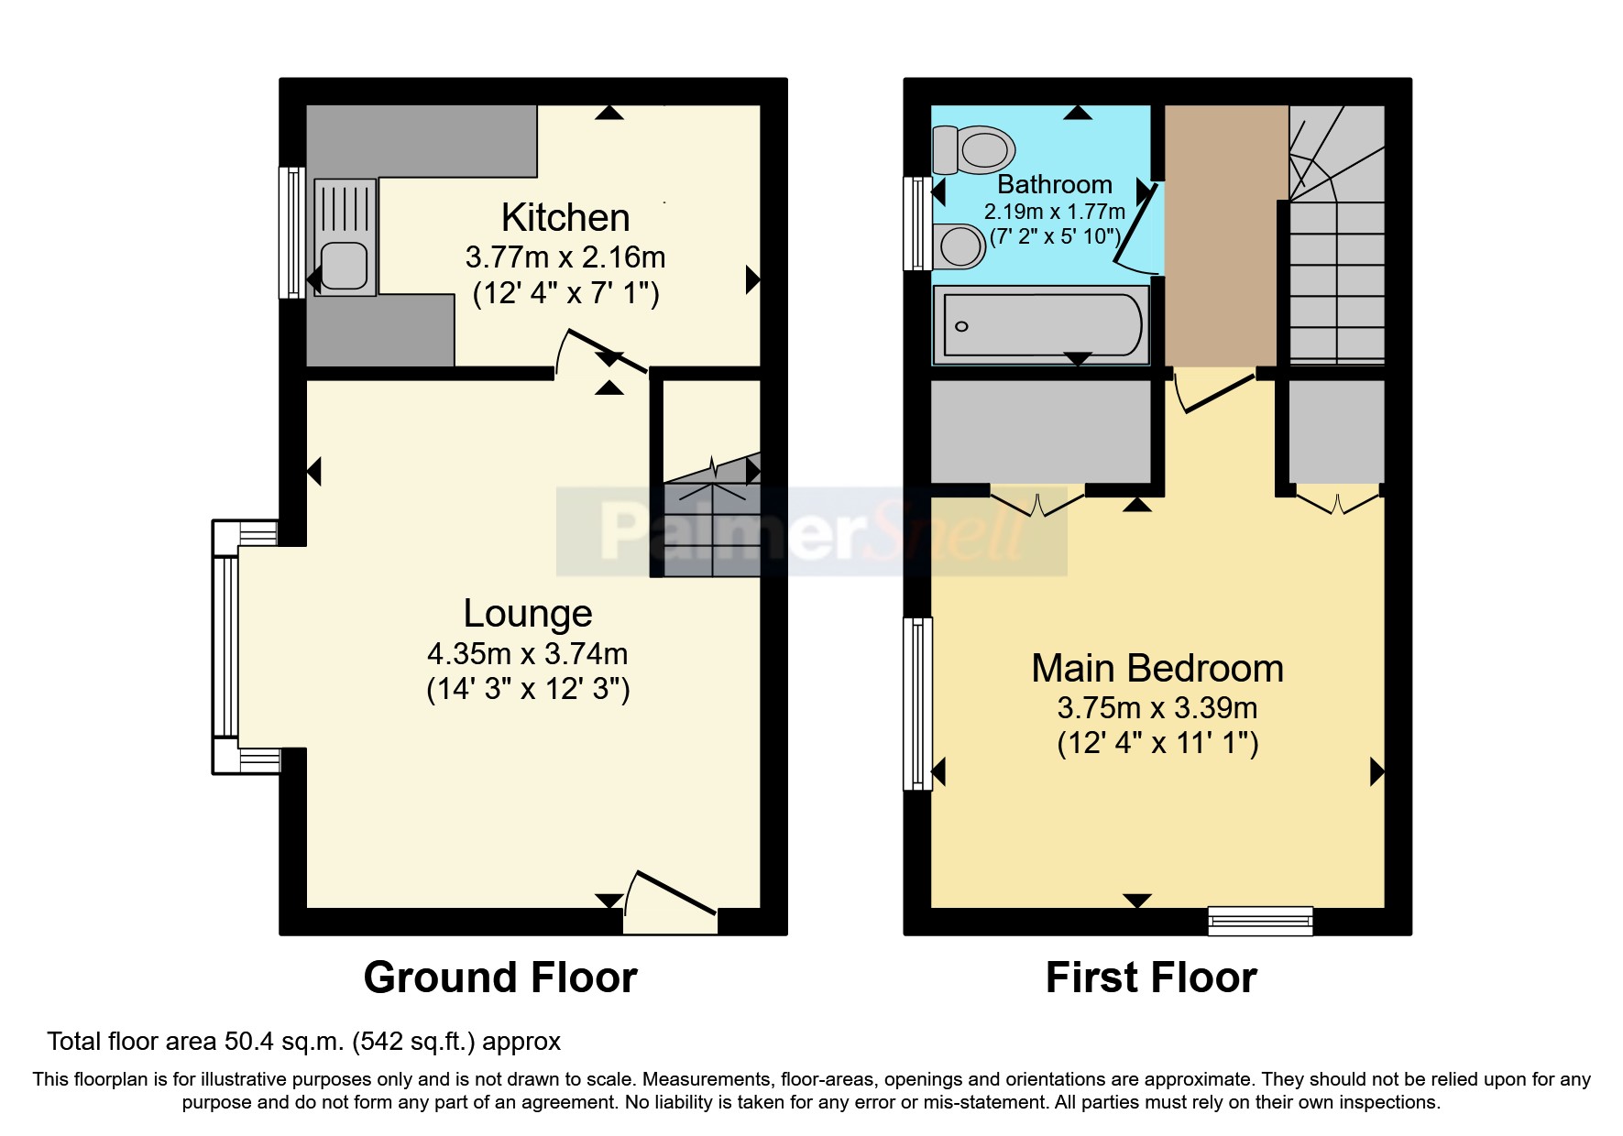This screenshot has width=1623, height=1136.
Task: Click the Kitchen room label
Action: tap(565, 218)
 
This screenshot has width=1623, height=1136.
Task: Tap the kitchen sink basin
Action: tap(345, 264)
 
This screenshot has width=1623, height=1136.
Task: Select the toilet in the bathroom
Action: tap(975, 149)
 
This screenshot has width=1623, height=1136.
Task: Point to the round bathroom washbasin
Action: tap(960, 246)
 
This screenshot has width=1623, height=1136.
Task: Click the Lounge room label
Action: tap(528, 614)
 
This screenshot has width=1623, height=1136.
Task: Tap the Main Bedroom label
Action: tap(1157, 669)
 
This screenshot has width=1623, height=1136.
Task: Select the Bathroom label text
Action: tap(1055, 184)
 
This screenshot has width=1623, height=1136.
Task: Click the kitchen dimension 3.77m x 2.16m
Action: tap(565, 257)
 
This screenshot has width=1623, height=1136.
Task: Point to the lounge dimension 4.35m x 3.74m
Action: tap(528, 654)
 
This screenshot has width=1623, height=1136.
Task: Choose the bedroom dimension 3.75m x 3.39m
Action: tap(1157, 708)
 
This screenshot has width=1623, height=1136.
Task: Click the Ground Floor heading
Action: tap(500, 978)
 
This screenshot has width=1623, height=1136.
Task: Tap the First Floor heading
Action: tap(1151, 978)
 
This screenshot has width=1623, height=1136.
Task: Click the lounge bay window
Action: tap(226, 646)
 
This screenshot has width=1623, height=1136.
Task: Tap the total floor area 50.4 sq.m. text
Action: tap(303, 1042)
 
